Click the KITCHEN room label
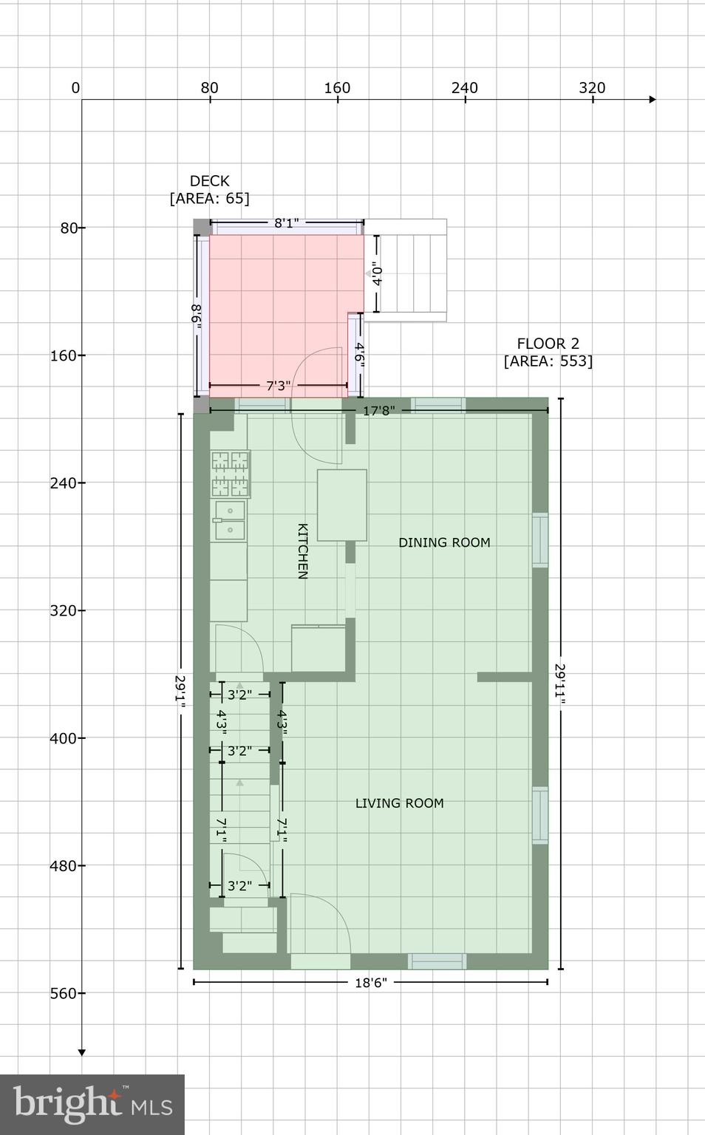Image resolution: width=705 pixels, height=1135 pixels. [302, 551]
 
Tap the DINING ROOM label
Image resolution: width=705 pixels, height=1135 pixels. [444, 542]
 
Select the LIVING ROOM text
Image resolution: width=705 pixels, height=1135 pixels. [399, 803]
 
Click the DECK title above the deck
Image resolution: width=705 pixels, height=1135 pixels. [209, 181]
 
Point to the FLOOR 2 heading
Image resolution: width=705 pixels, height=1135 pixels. [548, 344]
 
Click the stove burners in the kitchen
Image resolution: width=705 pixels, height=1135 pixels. [231, 474]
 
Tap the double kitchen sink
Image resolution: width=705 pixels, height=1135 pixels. [229, 521]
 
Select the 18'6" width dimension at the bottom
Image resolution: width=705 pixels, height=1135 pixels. [370, 982]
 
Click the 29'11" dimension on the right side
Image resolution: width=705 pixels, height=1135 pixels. [560, 684]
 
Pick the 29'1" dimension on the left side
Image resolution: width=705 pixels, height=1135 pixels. [180, 691]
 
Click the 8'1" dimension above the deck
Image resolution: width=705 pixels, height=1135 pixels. [286, 222]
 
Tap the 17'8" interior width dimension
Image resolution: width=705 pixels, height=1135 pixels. [378, 410]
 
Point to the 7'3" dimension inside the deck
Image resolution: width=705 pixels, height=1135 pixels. [278, 385]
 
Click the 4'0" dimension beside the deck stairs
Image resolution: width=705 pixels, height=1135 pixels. [376, 275]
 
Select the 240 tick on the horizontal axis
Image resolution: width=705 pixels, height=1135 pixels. [465, 88]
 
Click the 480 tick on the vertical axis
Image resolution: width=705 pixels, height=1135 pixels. [64, 865]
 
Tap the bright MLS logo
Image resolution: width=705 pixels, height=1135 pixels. [92, 1105]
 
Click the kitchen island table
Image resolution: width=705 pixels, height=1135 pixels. [342, 505]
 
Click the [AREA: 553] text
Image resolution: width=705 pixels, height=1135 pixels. [548, 361]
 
